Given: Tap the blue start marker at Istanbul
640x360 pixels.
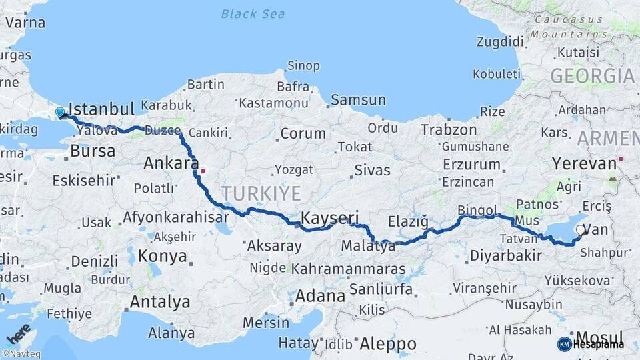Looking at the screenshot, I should point(60,113).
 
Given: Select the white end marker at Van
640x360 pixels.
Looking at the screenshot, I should point(580,233).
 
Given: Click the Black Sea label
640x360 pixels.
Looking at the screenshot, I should point(253,13).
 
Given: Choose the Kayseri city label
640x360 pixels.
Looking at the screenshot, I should point(330,218).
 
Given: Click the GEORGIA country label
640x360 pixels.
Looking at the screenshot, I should point(592,76).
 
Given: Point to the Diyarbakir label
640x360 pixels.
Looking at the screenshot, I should point(505,255).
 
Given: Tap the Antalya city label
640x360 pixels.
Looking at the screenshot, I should point(159,302).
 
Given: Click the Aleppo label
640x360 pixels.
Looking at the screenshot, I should point(388,344).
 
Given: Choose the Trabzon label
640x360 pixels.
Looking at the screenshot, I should point(449,130).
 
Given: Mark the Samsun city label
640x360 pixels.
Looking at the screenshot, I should point(359,100).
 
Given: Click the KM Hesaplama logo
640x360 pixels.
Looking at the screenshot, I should point(591,344).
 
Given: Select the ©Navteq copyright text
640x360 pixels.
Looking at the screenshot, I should point(21,354).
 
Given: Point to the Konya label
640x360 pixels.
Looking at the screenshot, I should point(163,256).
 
